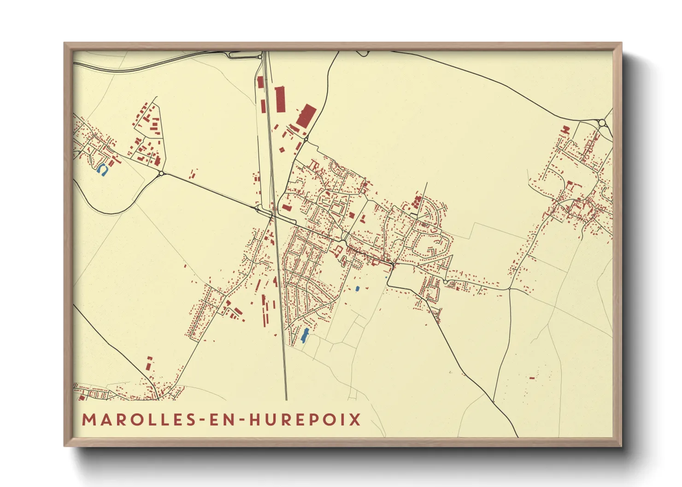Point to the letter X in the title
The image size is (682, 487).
coord(355,420)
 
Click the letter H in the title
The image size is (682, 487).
coord(254,420)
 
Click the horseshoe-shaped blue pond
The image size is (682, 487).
coord(101,170)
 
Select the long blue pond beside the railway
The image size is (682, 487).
coord(304,336)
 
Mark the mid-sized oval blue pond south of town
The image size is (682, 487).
coord(357,289)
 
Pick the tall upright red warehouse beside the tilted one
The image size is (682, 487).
coord(280,99)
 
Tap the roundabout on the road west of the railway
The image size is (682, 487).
coord(162,174)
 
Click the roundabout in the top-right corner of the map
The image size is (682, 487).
coord(602,122)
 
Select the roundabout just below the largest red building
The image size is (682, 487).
coord(306,139)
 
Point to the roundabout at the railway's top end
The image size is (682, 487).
coord(260,57)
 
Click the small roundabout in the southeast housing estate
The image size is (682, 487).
coord(445,282)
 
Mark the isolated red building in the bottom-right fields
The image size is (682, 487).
coord(532,378)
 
